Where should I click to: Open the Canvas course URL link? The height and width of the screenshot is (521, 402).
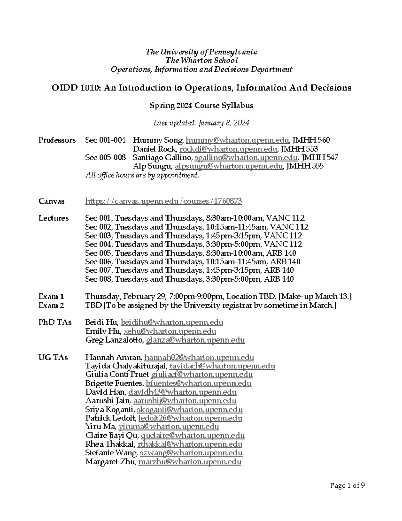pyautogui.click(x=163, y=201)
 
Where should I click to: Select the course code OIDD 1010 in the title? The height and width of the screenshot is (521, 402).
pyautogui.click(x=76, y=88)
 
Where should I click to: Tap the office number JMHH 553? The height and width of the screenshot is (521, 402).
pyautogui.click(x=299, y=149)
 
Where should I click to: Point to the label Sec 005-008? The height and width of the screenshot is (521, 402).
pyautogui.click(x=106, y=158)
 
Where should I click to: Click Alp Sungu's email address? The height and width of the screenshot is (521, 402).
pyautogui.click(x=228, y=166)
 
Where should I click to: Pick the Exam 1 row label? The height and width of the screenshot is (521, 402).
pyautogui.click(x=51, y=297)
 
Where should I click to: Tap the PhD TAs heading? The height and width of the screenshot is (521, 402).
pyautogui.click(x=55, y=323)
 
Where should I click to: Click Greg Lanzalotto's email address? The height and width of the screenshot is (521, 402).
pyautogui.click(x=195, y=340)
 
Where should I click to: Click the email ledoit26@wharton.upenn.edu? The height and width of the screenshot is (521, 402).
pyautogui.click(x=190, y=418)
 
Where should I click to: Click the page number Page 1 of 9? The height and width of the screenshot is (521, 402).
pyautogui.click(x=347, y=485)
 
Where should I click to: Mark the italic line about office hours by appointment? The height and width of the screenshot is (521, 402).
pyautogui.click(x=142, y=175)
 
